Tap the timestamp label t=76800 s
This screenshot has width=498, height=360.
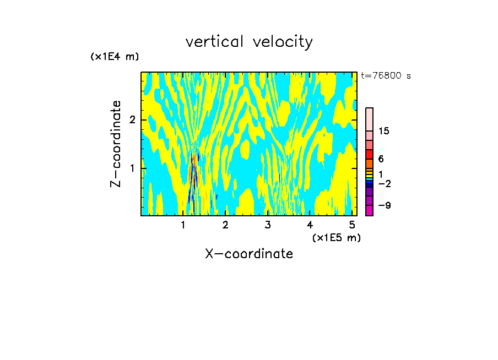386,76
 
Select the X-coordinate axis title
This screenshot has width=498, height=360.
249,254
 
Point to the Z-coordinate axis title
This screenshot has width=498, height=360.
116,144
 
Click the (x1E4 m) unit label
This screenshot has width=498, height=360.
115,57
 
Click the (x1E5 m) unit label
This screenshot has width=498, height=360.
336,237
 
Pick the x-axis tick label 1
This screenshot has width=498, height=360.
183,225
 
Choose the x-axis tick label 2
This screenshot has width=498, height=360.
225,225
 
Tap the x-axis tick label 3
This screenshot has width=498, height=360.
268,225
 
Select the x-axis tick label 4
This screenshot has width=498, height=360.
310,225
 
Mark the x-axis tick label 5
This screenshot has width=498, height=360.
352,225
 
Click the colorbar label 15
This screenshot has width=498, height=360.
384,131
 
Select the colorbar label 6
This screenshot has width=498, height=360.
381,159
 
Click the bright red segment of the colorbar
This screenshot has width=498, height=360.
370,154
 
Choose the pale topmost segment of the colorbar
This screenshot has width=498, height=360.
370,119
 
